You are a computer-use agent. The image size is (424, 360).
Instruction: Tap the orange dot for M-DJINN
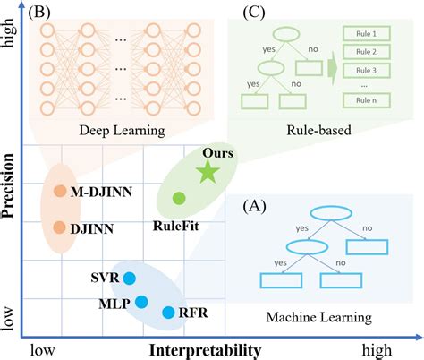pos(59,190)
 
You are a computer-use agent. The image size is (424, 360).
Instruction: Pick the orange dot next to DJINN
pos(59,228)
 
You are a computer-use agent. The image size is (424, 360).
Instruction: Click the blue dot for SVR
pos(128,278)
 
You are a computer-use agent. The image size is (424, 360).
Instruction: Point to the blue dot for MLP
pos(140,302)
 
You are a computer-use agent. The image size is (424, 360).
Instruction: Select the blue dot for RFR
pos(168,312)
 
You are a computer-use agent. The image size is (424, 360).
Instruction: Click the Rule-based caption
pos(318,132)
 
